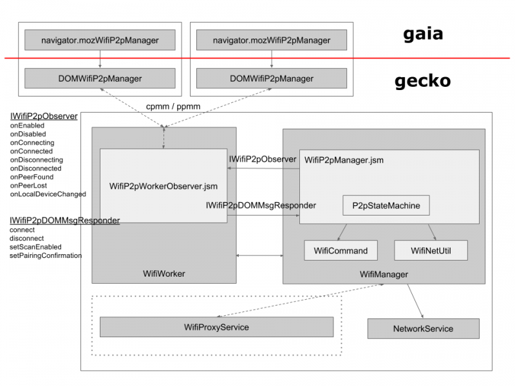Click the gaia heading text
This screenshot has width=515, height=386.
[423, 34]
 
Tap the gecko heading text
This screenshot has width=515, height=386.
[422, 82]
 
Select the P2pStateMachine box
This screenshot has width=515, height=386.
[386, 206]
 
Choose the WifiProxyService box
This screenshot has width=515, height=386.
[216, 327]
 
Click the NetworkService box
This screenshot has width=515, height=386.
[423, 329]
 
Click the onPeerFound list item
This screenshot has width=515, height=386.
[32, 177]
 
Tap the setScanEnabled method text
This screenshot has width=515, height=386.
[35, 247]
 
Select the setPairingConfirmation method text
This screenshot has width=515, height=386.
[45, 255]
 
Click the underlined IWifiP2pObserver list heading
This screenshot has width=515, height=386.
[43, 116]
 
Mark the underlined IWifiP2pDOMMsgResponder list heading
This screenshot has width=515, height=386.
[64, 221]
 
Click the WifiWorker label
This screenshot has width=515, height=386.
[164, 274]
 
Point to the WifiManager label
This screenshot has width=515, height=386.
[384, 275]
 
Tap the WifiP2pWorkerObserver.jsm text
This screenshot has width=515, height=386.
[164, 187]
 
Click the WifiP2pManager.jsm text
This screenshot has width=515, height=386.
[344, 160]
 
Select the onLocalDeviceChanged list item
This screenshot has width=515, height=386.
[48, 194]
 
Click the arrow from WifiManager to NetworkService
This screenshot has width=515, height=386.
[415, 301]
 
